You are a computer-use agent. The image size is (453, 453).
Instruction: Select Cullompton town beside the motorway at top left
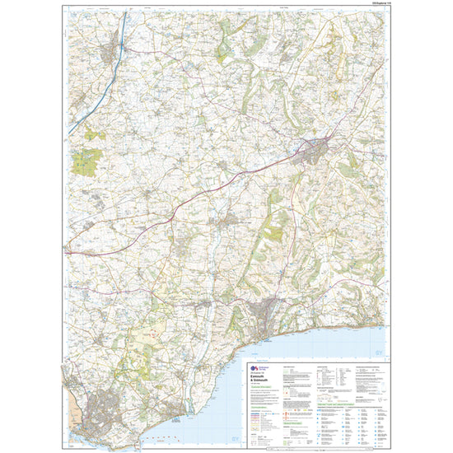tap(110, 54)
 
